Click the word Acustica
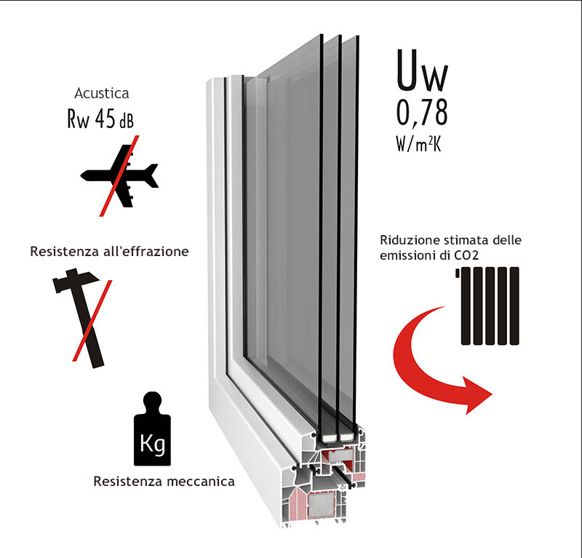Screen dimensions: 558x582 [x=102, y=93]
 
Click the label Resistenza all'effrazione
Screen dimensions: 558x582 [x=110, y=252]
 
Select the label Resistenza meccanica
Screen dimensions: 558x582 [x=164, y=481]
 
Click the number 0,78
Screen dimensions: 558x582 [x=422, y=113]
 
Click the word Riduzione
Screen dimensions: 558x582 [x=406, y=240]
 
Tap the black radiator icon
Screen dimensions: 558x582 [x=490, y=306]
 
